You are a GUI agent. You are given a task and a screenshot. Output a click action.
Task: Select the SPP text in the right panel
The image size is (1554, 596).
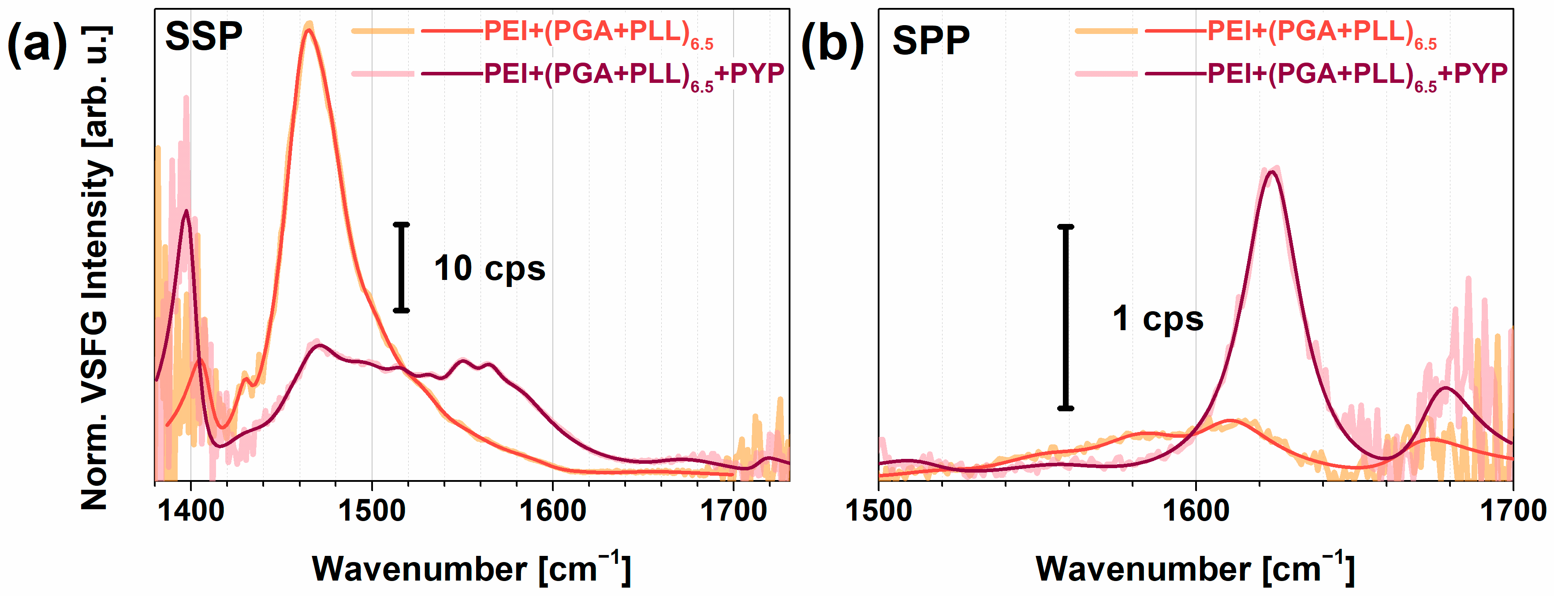tap(931, 41)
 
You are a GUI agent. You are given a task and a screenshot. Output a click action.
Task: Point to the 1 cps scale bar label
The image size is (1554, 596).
tap(1158, 319)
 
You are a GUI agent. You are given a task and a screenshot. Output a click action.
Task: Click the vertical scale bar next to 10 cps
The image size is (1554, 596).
tap(402, 267)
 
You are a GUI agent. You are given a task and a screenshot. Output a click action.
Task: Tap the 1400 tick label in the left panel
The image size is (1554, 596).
tap(190, 511)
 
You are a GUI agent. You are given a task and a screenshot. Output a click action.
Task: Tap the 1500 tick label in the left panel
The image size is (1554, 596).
tap(372, 511)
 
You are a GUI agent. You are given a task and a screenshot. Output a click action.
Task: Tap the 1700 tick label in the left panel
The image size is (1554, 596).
tap(733, 511)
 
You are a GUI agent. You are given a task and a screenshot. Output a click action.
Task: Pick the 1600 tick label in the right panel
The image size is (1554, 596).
tap(1196, 511)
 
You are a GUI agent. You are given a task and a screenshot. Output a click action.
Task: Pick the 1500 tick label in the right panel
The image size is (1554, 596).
tap(878, 511)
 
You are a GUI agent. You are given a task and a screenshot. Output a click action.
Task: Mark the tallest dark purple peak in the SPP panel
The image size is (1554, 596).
tap(1272, 172)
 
